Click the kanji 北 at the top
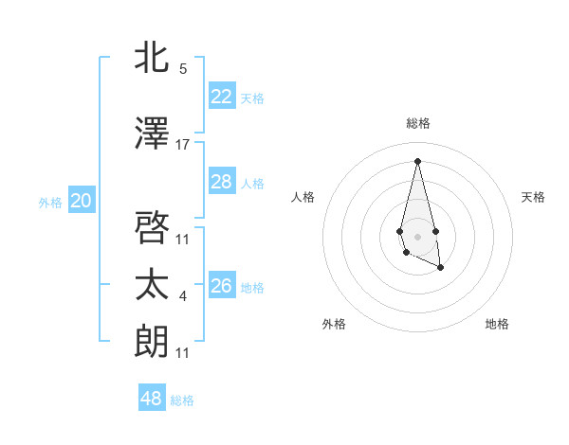(153, 59)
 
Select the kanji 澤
(153, 134)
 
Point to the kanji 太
(153, 285)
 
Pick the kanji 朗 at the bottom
(153, 342)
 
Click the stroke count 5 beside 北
(183, 69)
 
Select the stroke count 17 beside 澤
(183, 145)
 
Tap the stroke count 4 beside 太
(183, 297)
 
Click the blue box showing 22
(222, 97)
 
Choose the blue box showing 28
(222, 182)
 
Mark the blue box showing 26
(222, 286)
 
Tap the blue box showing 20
(82, 201)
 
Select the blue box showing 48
(152, 399)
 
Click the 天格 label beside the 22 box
(252, 98)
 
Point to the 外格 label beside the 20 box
(50, 202)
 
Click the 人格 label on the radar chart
(303, 197)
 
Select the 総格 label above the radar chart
(418, 123)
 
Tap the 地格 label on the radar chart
(497, 325)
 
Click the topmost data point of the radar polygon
(417, 160)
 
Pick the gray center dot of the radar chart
(417, 235)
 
